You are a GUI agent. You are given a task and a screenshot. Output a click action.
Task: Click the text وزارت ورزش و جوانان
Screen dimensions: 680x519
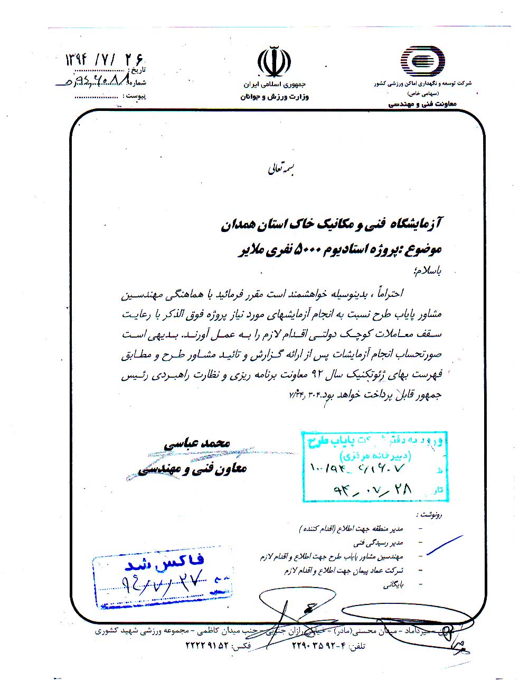274,97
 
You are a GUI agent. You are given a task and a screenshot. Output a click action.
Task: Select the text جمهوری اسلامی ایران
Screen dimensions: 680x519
274,85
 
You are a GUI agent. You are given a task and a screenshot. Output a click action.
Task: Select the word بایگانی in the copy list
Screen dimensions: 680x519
392,585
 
